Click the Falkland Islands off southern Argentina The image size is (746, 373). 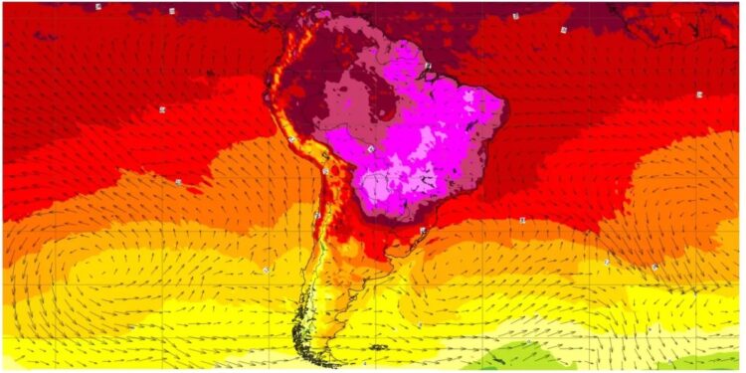[379, 347]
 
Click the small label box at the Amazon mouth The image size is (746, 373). [428, 66]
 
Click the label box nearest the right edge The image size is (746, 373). [700, 94]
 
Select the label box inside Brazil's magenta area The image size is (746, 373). [370, 148]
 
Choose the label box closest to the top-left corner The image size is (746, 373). [98, 6]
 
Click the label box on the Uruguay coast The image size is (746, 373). [423, 231]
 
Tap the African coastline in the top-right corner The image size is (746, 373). [686, 25]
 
